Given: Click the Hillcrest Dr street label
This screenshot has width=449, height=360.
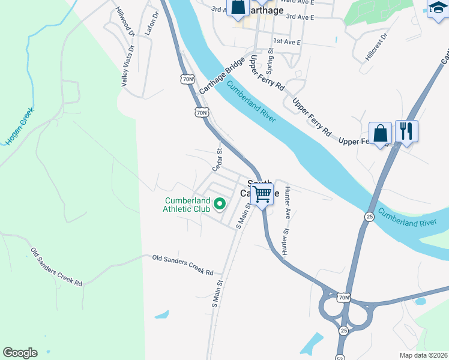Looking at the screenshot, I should tap(376, 47).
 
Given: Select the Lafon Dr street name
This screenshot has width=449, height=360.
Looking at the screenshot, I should tap(149, 23).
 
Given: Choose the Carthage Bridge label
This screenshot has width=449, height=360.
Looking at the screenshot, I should tap(222, 76).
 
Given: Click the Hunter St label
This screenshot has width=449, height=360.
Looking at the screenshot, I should tap(286, 239).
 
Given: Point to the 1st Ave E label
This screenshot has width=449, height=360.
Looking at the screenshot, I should tap(286, 41).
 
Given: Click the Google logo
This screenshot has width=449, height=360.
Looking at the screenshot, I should tap(20, 353).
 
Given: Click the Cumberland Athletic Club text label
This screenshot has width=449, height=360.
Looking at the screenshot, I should tap(188, 205).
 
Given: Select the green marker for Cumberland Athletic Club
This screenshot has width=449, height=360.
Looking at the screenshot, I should tap(219, 205).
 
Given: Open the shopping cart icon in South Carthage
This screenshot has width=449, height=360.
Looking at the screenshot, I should tap(262, 194).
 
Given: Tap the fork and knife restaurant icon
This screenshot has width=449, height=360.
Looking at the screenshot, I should tap(406, 131).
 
